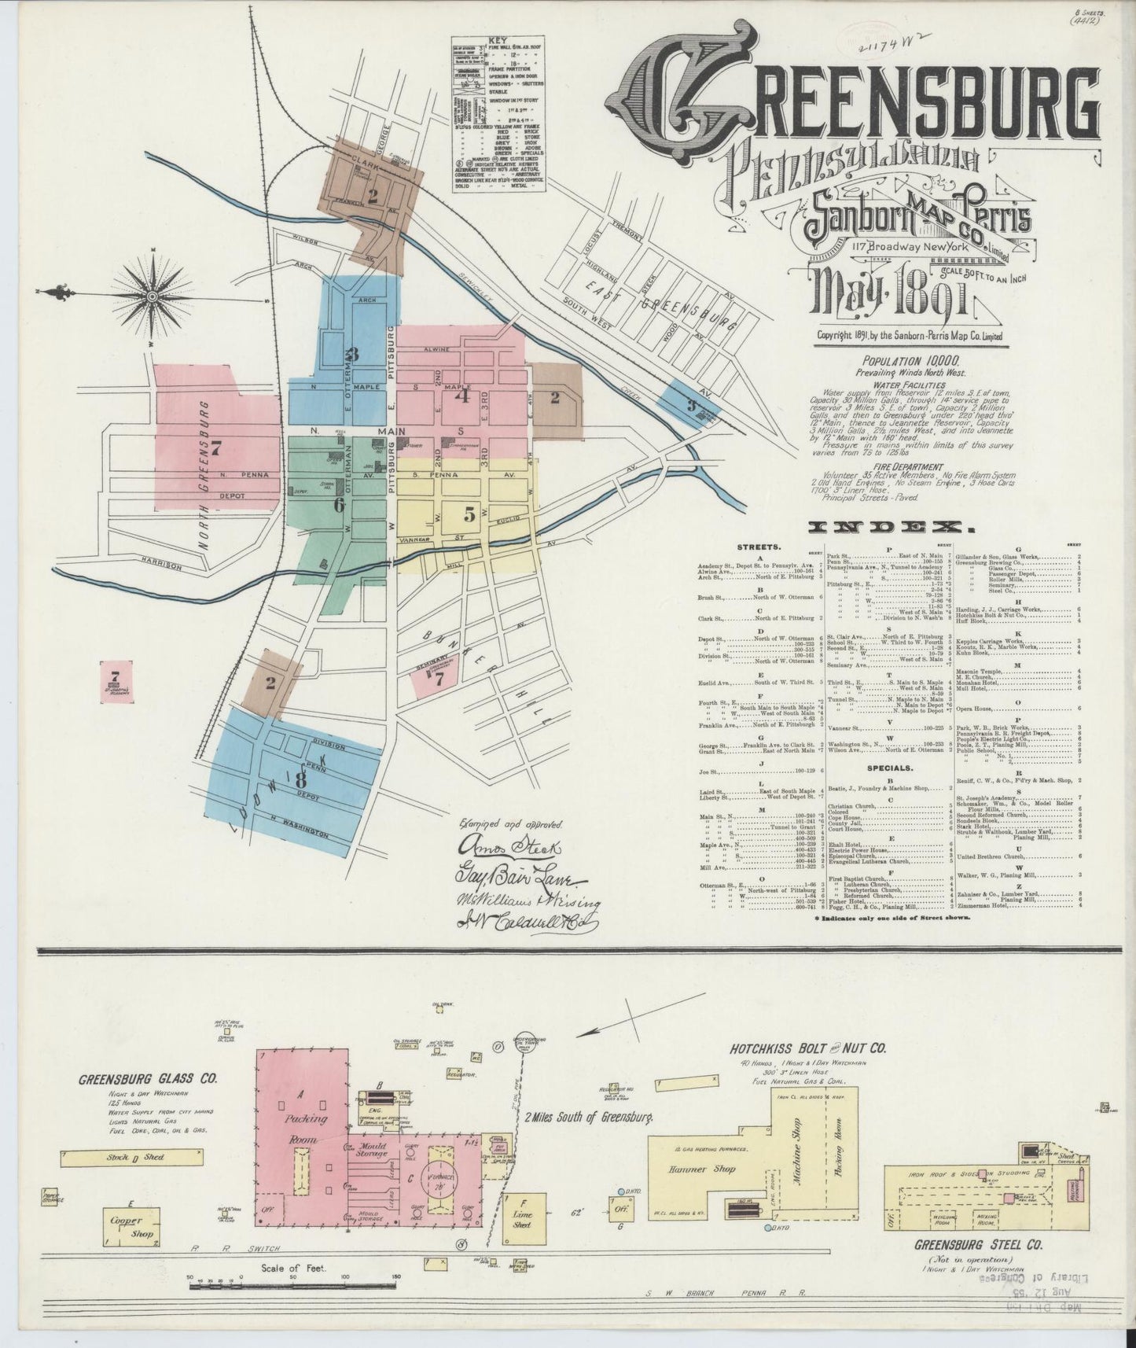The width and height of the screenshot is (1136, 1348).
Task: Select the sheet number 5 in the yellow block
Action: click(469, 515)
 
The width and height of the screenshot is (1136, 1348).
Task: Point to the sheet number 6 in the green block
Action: click(339, 506)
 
